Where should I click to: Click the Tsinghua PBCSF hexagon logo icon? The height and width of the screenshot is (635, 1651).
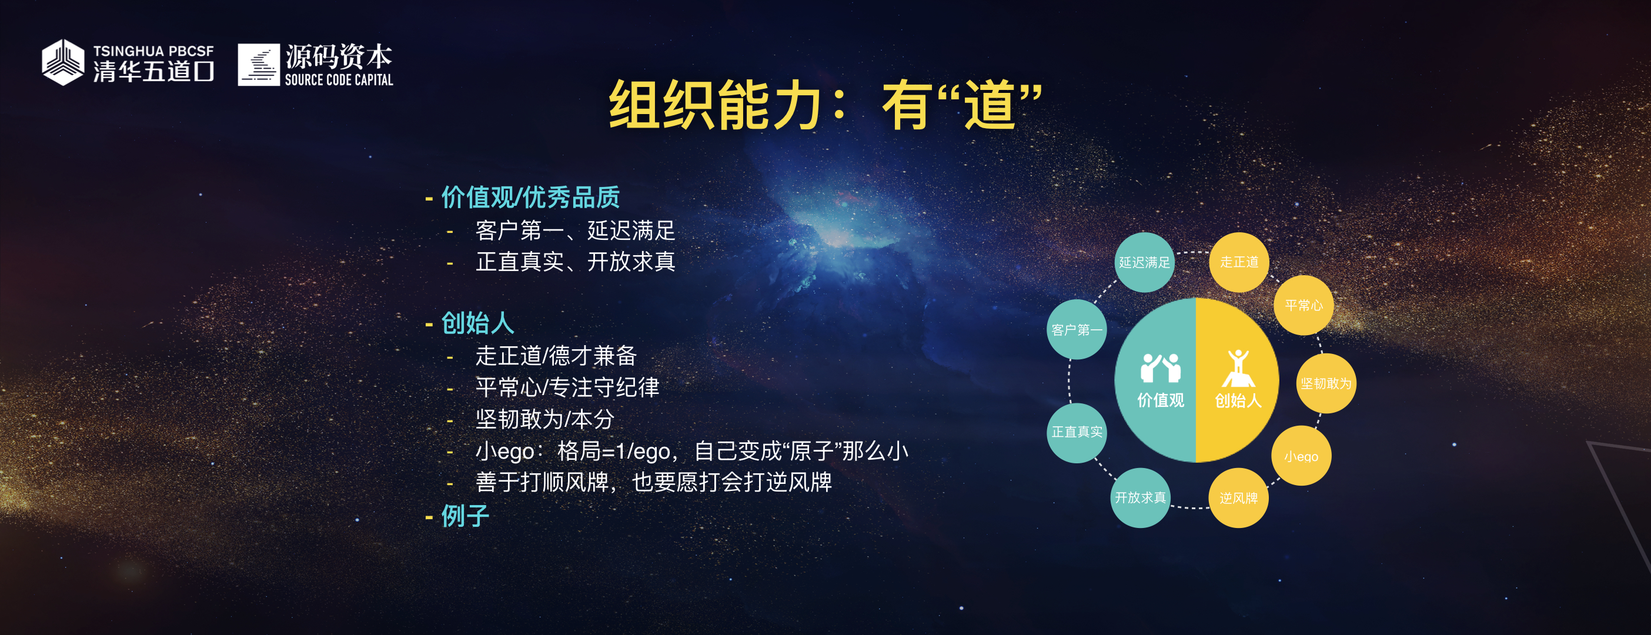(63, 62)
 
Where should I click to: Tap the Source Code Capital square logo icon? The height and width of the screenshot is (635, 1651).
(259, 65)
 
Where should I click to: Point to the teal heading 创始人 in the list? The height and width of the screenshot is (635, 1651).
(477, 323)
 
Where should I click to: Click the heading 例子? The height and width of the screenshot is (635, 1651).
(465, 515)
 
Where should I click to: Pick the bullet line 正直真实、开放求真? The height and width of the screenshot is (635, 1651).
(576, 262)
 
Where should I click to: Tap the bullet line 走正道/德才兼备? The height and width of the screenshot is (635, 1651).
(556, 356)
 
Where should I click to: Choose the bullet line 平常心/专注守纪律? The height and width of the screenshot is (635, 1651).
(567, 387)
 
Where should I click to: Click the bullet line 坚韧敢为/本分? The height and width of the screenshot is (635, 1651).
(545, 419)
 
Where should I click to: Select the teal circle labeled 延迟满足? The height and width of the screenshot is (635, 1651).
(1145, 262)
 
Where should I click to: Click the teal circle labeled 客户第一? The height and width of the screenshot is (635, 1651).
(1077, 329)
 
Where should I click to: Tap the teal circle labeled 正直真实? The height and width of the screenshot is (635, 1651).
(1077, 433)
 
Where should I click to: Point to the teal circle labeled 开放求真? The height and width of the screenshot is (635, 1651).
(1140, 498)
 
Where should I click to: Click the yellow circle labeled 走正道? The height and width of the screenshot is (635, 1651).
(1239, 262)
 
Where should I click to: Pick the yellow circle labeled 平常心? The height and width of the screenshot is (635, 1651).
(1304, 305)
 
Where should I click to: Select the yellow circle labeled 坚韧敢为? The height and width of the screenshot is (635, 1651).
(1326, 383)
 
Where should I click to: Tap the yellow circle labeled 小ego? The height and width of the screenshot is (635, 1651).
(1301, 456)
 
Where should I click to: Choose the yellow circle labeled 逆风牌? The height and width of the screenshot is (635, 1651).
(1238, 498)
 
